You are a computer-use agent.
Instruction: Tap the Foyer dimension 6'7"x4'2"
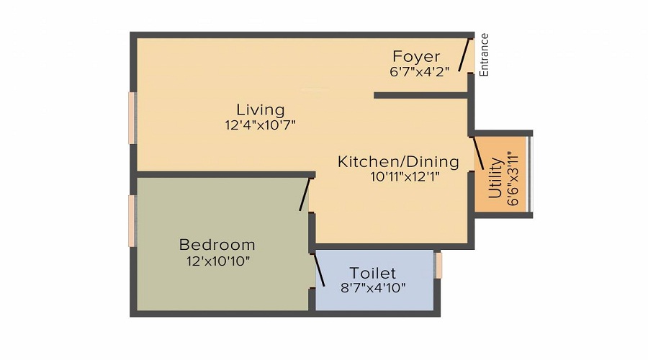pyautogui.click(x=419, y=71)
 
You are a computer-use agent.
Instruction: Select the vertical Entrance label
pyautogui.click(x=485, y=55)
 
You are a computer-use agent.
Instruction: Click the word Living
pyautogui.click(x=261, y=109)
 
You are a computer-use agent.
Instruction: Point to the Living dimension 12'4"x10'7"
pyautogui.click(x=261, y=125)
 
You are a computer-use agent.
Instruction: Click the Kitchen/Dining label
pyautogui.click(x=398, y=161)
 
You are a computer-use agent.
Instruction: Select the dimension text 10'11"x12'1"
pyautogui.click(x=398, y=176)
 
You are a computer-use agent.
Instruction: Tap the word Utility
pyautogui.click(x=495, y=180)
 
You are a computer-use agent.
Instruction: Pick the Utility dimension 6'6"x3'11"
pyautogui.click(x=513, y=178)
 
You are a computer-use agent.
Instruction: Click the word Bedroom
pyautogui.click(x=217, y=245)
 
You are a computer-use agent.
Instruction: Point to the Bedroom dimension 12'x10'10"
pyautogui.click(x=217, y=261)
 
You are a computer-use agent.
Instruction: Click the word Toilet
pyautogui.click(x=373, y=273)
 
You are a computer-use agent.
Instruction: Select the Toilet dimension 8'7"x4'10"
pyautogui.click(x=373, y=288)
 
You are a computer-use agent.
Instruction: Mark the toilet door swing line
pyautogui.click(x=319, y=270)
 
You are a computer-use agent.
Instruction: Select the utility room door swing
pyautogui.click(x=477, y=153)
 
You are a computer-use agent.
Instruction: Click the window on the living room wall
pyautogui.click(x=132, y=117)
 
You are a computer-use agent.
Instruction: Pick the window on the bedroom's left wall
pyautogui.click(x=132, y=220)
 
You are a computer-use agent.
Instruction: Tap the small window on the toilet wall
pyautogui.click(x=438, y=265)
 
